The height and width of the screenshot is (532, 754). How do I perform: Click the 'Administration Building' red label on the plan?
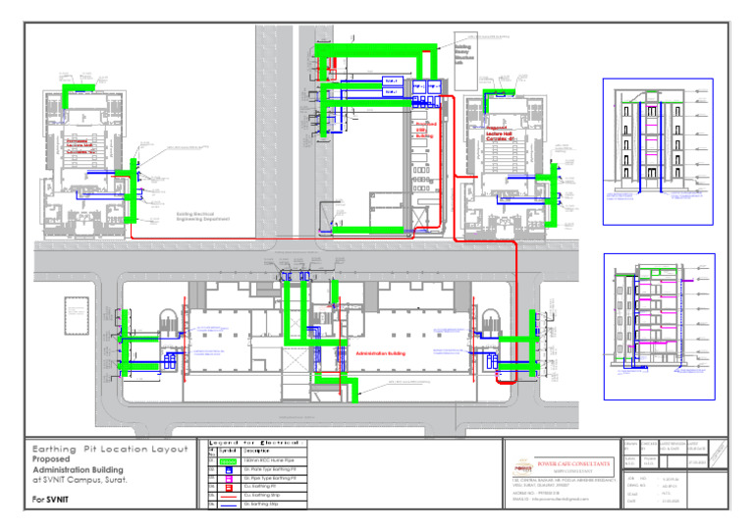pos(382,352)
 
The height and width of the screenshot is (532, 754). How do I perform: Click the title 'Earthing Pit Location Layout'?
pos(111,448)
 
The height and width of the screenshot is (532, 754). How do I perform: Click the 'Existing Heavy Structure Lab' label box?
pos(465,51)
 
